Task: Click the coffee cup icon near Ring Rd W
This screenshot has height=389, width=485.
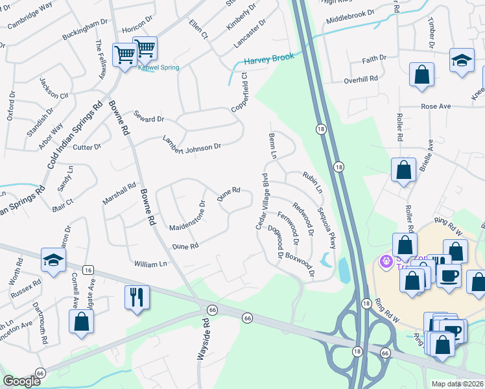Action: (x=448, y=275)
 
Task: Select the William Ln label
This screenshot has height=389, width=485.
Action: (x=150, y=264)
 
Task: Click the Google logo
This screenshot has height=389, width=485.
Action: (x=21, y=381)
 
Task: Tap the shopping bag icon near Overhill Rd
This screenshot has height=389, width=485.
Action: (x=421, y=75)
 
